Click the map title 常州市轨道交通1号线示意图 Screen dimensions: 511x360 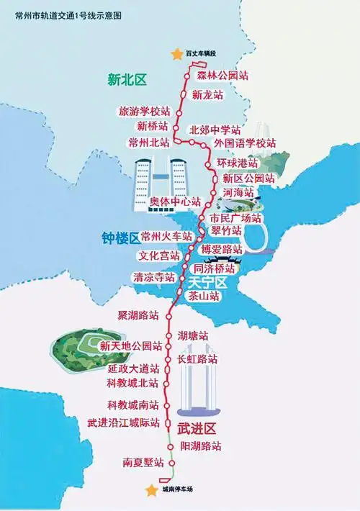pos(63,14)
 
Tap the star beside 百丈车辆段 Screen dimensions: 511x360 pos(174,54)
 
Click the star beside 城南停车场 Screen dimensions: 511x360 pos(151,490)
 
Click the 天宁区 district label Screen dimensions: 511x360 pos(207,282)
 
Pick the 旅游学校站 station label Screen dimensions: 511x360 pos(144,112)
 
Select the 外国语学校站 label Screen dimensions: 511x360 pos(245,144)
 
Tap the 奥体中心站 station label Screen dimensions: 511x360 pos(174,202)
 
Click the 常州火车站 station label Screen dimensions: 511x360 pos(166,236)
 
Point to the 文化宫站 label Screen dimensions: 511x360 pos(158,256)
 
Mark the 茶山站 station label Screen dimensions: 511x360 pos(204,296)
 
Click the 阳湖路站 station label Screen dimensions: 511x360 pos(201,447)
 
